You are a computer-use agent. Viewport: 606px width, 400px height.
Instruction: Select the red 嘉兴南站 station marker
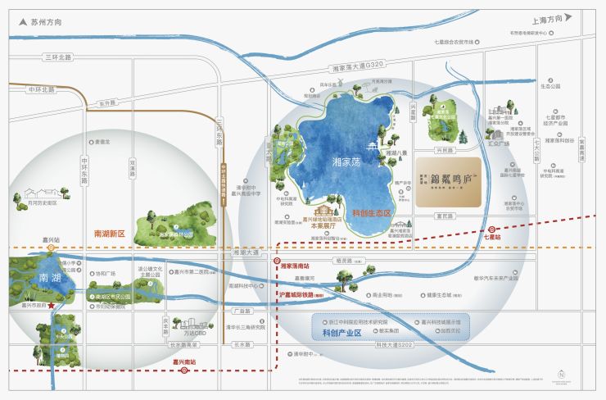[x=184, y=370]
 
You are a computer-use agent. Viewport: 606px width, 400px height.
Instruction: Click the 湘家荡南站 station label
[x=294, y=266]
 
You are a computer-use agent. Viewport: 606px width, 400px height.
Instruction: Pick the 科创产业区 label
[x=342, y=333]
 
